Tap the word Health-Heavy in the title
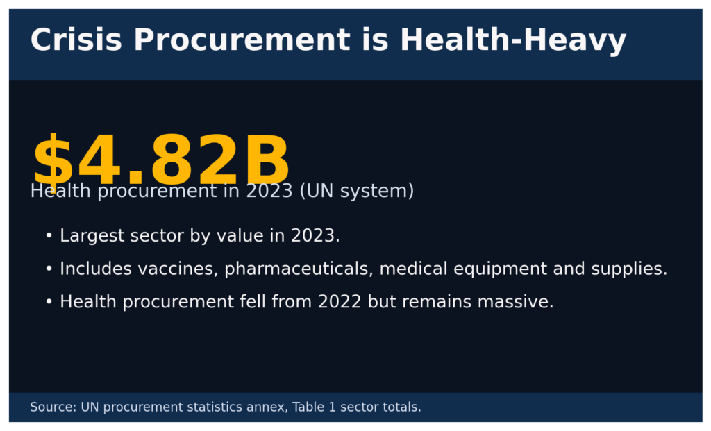point(513,40)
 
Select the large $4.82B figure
point(160,161)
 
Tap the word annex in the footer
point(268,407)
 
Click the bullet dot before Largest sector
point(49,236)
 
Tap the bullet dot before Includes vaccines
point(49,269)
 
